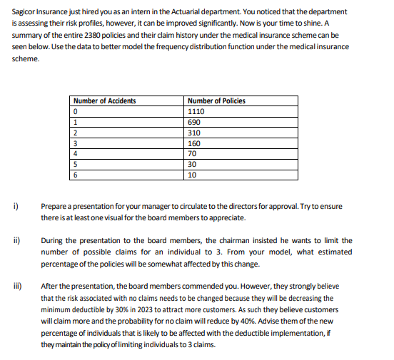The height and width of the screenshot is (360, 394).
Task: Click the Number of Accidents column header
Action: [x=104, y=101]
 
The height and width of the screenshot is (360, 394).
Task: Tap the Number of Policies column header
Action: [x=216, y=101]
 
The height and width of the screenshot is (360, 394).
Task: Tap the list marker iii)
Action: [x=16, y=286]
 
